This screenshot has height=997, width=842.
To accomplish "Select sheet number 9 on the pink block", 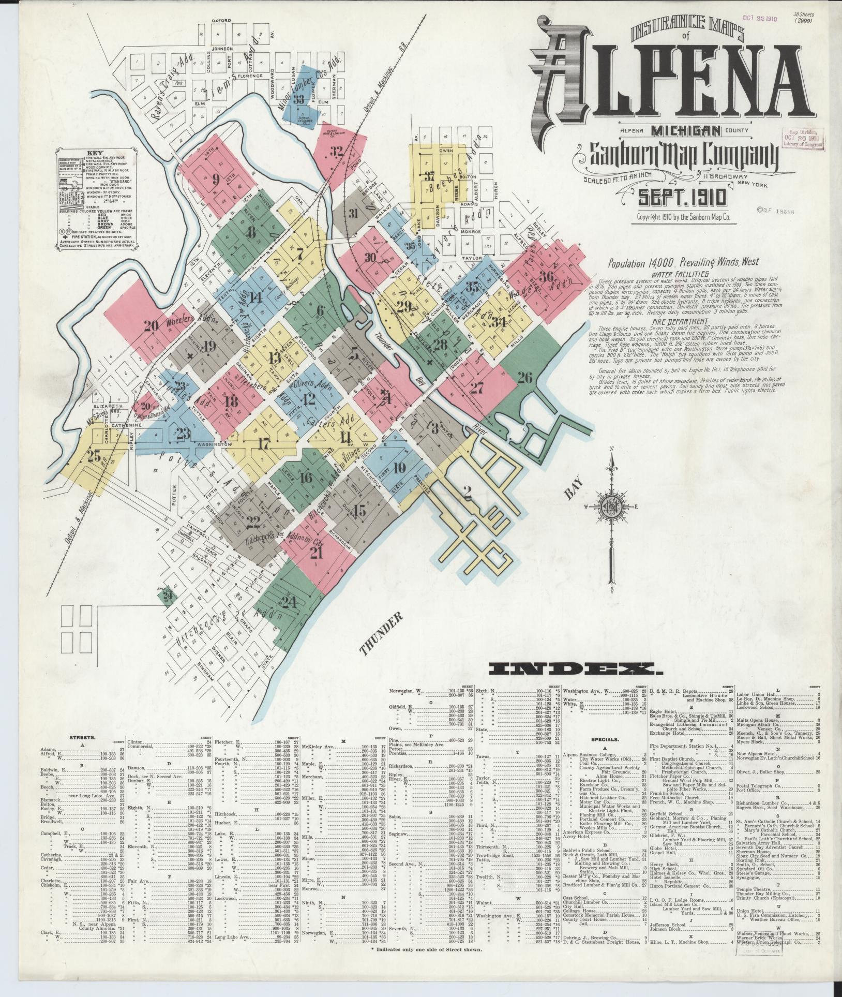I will pyautogui.click(x=216, y=180).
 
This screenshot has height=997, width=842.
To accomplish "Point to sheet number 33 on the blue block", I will pyautogui.click(x=298, y=99).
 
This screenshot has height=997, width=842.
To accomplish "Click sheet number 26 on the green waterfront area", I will pyautogui.click(x=524, y=377).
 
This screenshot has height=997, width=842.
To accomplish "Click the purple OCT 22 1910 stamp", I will pyautogui.click(x=761, y=17).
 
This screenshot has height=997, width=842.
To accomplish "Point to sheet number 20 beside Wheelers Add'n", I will pyautogui.click(x=151, y=326).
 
